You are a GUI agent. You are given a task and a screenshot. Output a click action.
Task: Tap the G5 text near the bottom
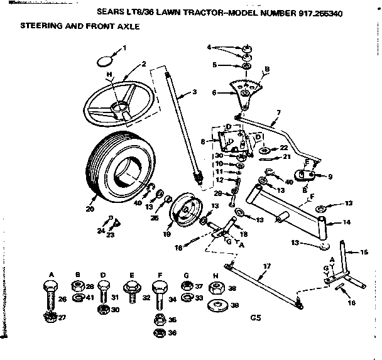click(x=254, y=319)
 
